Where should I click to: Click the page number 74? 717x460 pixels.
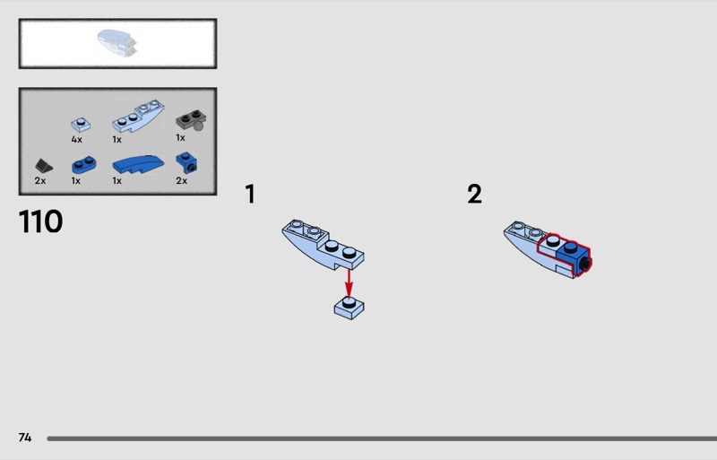[25, 438]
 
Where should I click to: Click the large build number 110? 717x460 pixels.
[40, 221]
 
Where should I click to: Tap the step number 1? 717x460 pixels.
[250, 194]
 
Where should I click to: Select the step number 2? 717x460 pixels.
[474, 194]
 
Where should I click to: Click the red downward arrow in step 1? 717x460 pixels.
[349, 283]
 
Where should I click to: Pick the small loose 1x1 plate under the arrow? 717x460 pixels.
[349, 308]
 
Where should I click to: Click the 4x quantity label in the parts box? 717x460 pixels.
[76, 140]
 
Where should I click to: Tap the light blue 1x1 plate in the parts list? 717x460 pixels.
[81, 125]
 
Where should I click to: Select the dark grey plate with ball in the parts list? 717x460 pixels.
[191, 120]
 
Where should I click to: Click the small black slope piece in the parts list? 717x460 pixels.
[43, 166]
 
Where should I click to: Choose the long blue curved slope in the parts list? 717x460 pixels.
[138, 164]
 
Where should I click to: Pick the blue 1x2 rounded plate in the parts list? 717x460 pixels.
[83, 165]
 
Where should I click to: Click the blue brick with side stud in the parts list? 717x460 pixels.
[186, 163]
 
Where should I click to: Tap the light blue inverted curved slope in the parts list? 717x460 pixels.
[138, 117]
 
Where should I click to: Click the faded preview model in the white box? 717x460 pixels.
[117, 43]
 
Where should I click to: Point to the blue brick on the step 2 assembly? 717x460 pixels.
[573, 257]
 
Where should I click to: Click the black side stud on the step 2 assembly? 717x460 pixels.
[584, 265]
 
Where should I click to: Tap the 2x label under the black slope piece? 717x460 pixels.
[40, 181]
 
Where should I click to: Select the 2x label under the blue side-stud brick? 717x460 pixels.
[182, 181]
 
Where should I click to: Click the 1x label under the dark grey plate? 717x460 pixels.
[181, 138]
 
